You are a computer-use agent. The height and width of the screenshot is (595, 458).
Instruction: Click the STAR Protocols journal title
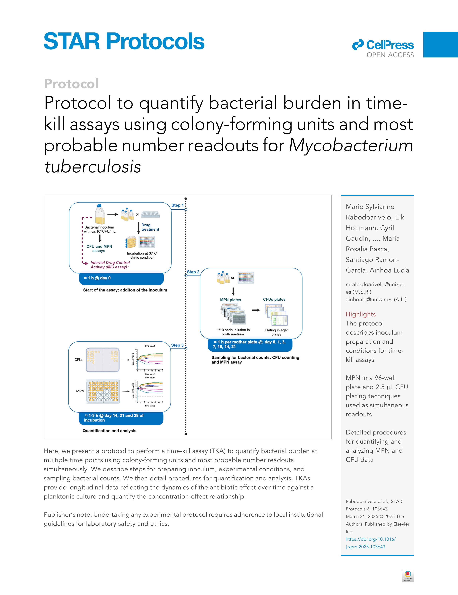pos(124,41)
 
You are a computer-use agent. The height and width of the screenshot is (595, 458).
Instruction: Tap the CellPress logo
pos(383,49)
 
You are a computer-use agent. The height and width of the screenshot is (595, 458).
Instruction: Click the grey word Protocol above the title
pos(71,84)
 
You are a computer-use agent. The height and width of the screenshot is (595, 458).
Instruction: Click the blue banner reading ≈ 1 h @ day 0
pos(121,278)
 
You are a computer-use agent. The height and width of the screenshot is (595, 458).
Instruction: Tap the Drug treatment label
pos(150,227)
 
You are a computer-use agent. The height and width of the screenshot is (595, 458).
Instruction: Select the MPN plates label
pos(230,300)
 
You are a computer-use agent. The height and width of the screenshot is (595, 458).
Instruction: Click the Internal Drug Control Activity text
pos(110,265)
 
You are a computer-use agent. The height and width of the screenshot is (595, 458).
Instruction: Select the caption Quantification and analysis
pos(109,431)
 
